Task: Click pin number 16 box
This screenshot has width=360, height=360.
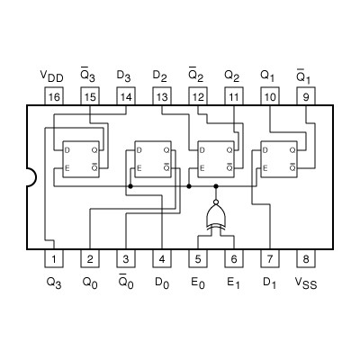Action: [54, 96]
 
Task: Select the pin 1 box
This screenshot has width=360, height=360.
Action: [54, 259]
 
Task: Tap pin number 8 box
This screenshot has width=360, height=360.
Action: [305, 259]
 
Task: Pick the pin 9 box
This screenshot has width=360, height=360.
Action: [305, 96]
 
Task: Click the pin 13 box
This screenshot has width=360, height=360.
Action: [162, 96]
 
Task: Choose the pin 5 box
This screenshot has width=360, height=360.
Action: [198, 259]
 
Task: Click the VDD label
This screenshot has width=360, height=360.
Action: [54, 75]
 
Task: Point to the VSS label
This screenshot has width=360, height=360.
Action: [306, 282]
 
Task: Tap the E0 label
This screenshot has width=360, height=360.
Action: [198, 282]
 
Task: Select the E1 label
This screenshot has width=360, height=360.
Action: [234, 282]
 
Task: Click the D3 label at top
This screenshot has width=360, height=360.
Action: [126, 75]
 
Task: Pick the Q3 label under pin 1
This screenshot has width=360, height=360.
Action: [54, 282]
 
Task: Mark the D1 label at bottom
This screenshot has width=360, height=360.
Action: [269, 282]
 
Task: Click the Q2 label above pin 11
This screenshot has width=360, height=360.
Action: [233, 75]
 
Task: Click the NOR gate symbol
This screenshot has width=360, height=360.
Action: [216, 216]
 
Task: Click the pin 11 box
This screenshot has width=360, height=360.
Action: [233, 96]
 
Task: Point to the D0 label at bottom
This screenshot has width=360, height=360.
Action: [162, 282]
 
